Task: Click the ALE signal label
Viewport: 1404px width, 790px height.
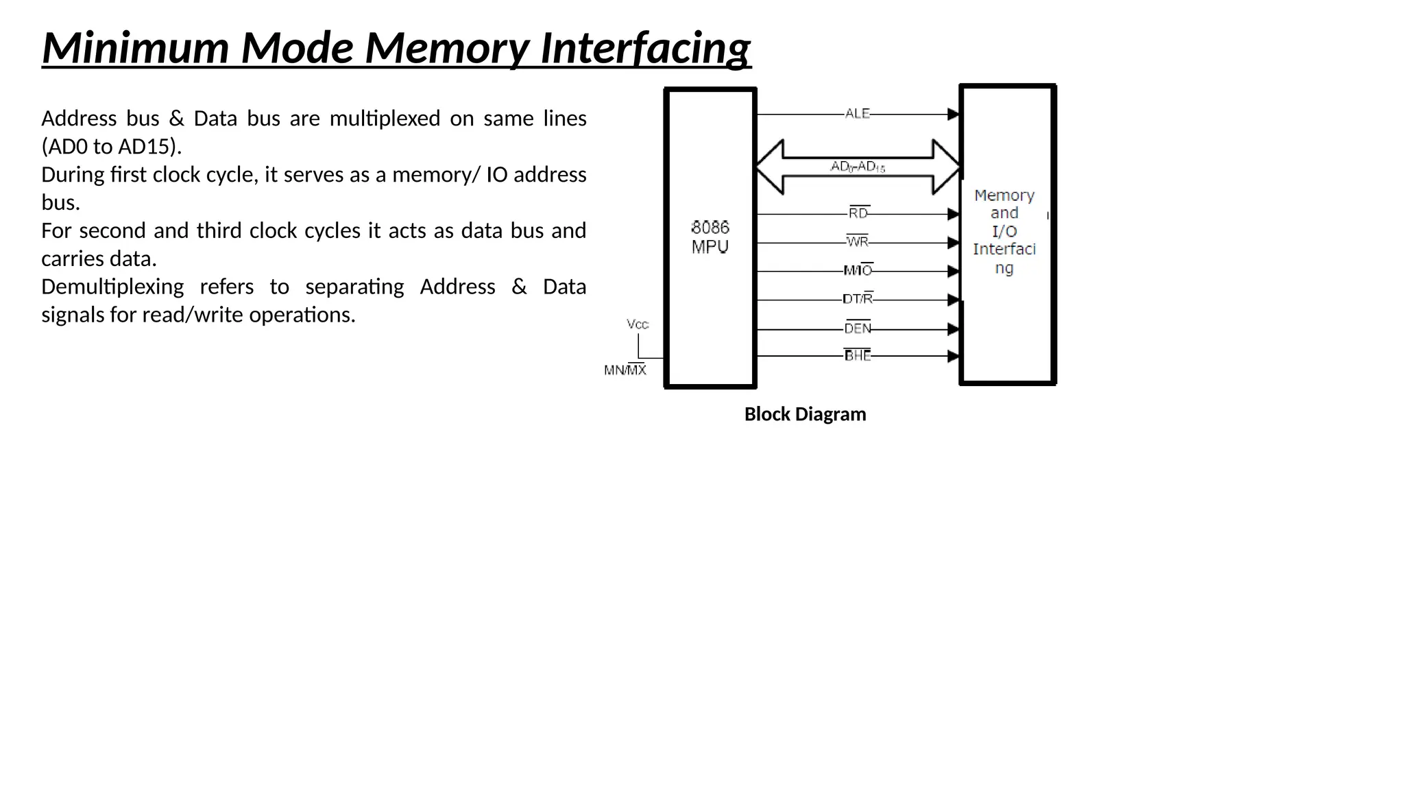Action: click(857, 114)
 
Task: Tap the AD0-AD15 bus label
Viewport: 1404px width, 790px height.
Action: click(858, 167)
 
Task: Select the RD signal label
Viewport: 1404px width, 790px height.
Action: click(858, 213)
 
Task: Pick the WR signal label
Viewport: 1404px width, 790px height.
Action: click(858, 242)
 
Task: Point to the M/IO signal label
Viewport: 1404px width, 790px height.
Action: click(858, 271)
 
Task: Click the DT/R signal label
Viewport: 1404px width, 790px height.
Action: click(858, 299)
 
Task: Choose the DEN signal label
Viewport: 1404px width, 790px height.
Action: click(858, 328)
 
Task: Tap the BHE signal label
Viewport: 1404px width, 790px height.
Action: click(858, 355)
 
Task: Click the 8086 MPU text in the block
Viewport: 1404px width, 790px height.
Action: click(710, 237)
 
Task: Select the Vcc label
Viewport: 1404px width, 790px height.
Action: click(638, 324)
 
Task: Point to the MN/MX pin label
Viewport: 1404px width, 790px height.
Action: click(625, 370)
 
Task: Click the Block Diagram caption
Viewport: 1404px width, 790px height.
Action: click(805, 414)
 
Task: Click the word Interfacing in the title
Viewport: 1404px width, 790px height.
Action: click(646, 48)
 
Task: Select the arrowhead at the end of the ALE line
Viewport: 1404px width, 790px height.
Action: click(953, 115)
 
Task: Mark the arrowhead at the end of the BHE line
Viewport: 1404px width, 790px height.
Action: click(953, 356)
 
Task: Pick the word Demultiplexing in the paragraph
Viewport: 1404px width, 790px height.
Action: click(112, 287)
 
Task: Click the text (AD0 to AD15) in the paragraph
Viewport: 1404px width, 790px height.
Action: click(111, 147)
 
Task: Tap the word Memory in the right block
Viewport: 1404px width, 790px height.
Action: click(1004, 195)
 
